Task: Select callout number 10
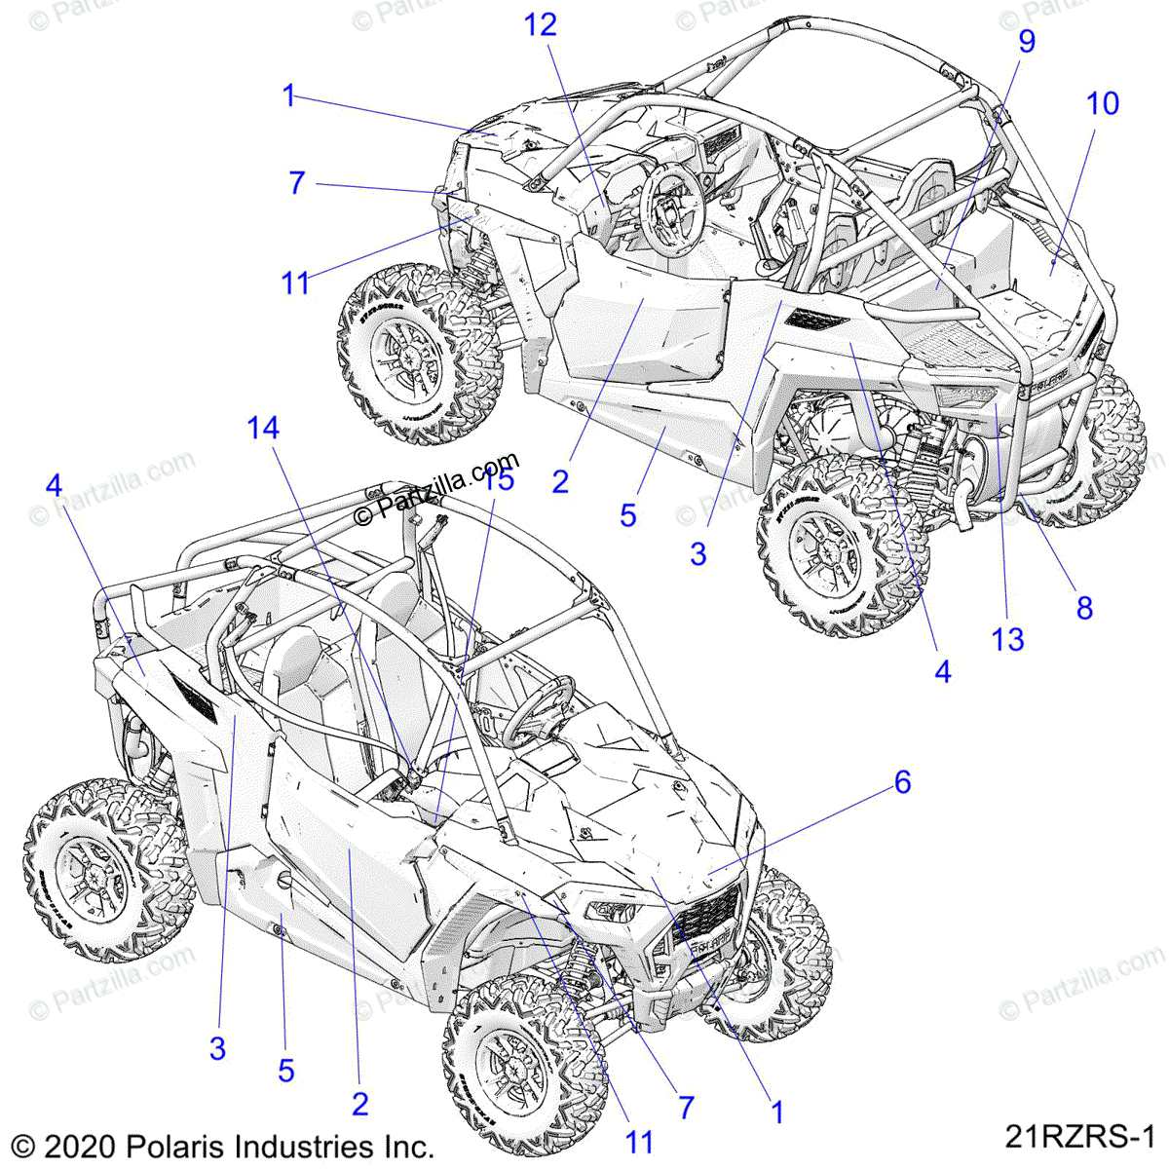pyautogui.click(x=1103, y=103)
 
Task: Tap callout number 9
pyautogui.click(x=1027, y=41)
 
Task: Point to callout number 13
pyautogui.click(x=1008, y=639)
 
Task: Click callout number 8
pyautogui.click(x=1084, y=608)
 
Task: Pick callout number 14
pyautogui.click(x=263, y=428)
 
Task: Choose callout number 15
pyautogui.click(x=498, y=479)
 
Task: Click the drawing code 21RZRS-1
pyautogui.click(x=1079, y=1136)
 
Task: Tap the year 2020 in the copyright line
pyautogui.click(x=78, y=1146)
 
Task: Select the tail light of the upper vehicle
pyautogui.click(x=964, y=396)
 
